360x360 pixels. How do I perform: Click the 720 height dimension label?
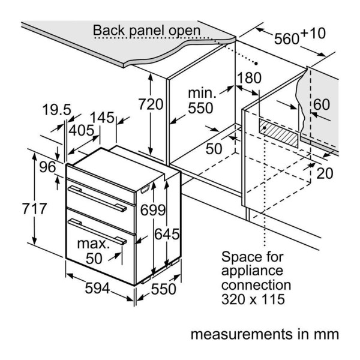click(x=151, y=104)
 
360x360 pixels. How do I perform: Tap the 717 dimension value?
click(x=34, y=209)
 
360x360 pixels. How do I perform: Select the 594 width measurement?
click(x=97, y=288)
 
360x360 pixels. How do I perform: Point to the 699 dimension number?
click(x=152, y=210)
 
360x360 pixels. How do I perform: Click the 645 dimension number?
click(x=167, y=234)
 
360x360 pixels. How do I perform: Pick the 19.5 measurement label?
click(x=57, y=110)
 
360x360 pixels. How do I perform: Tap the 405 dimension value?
click(x=81, y=130)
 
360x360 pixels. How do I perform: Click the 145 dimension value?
click(x=102, y=118)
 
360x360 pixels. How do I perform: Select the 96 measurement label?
click(x=47, y=167)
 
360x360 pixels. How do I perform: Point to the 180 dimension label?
click(x=249, y=77)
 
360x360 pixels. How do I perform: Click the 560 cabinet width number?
click(x=287, y=38)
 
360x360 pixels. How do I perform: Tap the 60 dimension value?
click(x=322, y=104)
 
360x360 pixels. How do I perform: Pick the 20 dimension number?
click(x=325, y=173)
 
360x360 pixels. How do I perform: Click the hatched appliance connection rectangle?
click(x=278, y=133)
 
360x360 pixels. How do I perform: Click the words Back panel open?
click(x=146, y=31)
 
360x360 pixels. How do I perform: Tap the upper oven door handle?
click(x=97, y=199)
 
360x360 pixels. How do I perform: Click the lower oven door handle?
click(x=97, y=232)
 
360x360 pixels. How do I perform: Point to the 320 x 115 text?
click(x=253, y=299)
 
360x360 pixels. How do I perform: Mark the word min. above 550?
click(x=202, y=93)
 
